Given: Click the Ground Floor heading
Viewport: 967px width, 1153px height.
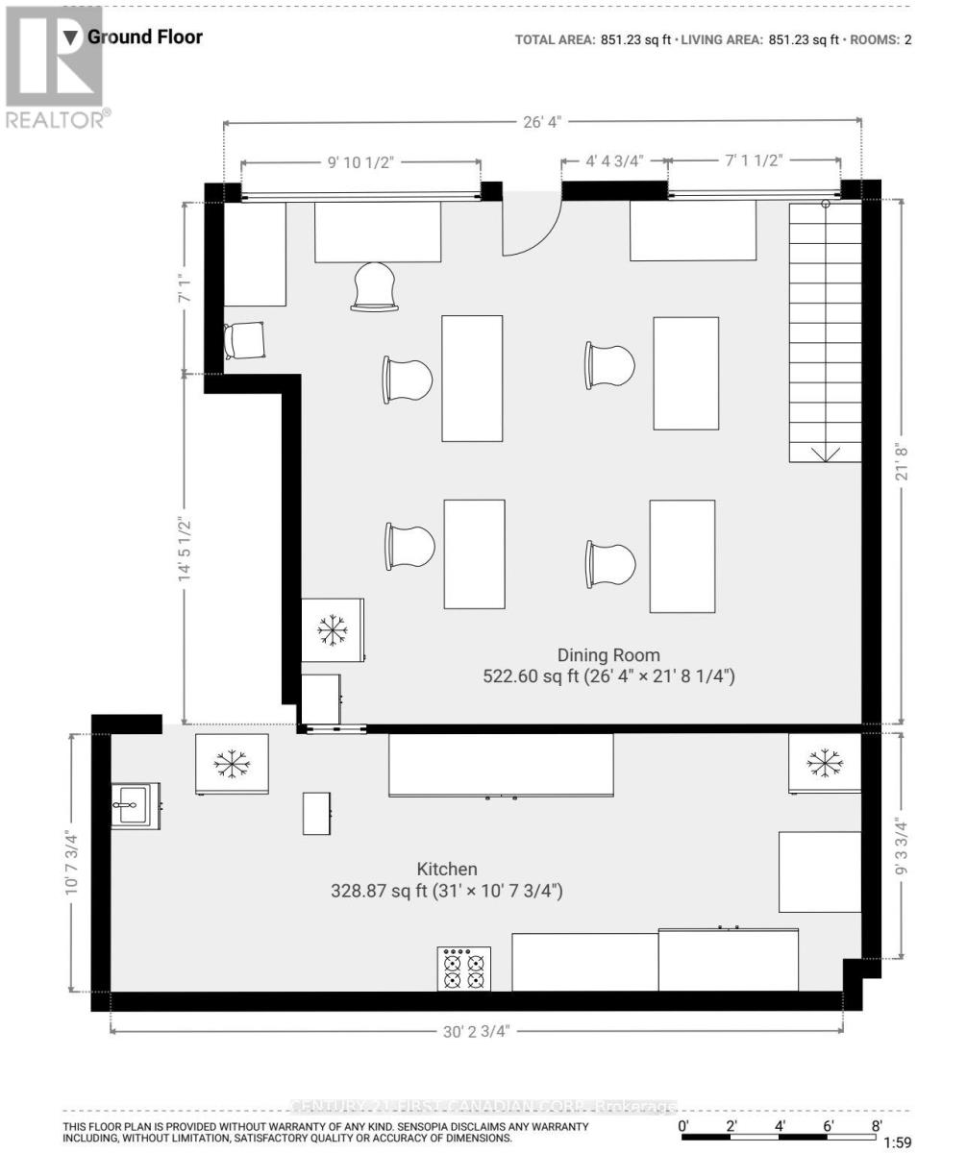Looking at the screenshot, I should click(x=144, y=37).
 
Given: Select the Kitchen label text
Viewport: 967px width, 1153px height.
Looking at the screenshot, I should click(x=446, y=869).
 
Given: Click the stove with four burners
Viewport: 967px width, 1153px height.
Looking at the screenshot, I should click(x=464, y=968).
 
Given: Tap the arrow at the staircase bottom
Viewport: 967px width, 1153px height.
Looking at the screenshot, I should click(x=826, y=453).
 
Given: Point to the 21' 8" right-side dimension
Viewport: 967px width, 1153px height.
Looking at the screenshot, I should click(x=902, y=463).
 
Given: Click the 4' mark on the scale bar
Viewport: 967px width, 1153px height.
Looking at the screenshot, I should click(x=780, y=1126).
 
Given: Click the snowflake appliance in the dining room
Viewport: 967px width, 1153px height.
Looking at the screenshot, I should click(x=333, y=629).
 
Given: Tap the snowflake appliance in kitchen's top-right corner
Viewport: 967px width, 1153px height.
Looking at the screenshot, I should click(x=823, y=763).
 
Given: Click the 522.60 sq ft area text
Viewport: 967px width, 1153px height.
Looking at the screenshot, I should click(x=608, y=677).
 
